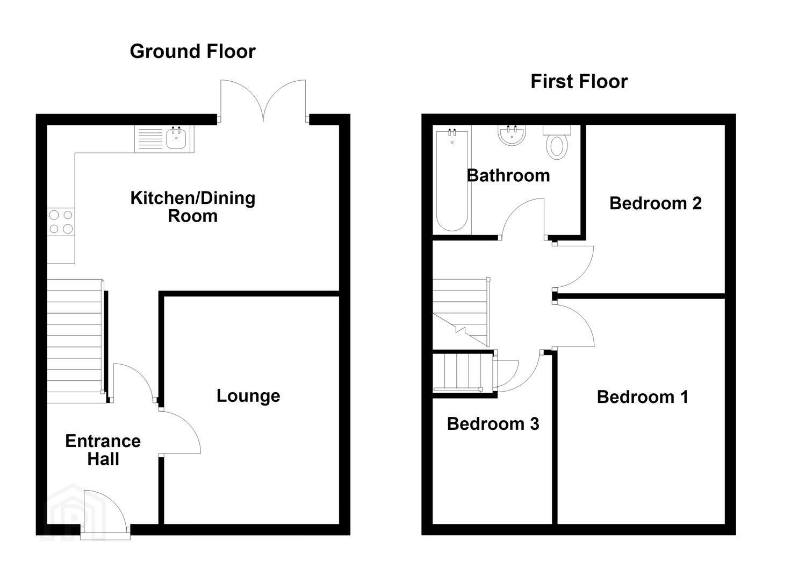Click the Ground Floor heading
[193, 51]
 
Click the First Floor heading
[579, 81]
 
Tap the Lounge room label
[248, 396]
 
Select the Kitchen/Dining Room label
[193, 207]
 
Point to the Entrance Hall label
[103, 450]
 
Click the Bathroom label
[508, 175]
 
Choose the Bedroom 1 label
[643, 397]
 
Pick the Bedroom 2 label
[656, 203]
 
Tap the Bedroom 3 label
[493, 424]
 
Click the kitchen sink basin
[176, 139]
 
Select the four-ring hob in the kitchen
[61, 222]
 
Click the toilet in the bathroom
[557, 142]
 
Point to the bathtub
[452, 180]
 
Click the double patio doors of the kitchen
[263, 101]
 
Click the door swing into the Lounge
[179, 431]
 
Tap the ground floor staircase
[75, 341]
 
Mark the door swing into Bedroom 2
[573, 267]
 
